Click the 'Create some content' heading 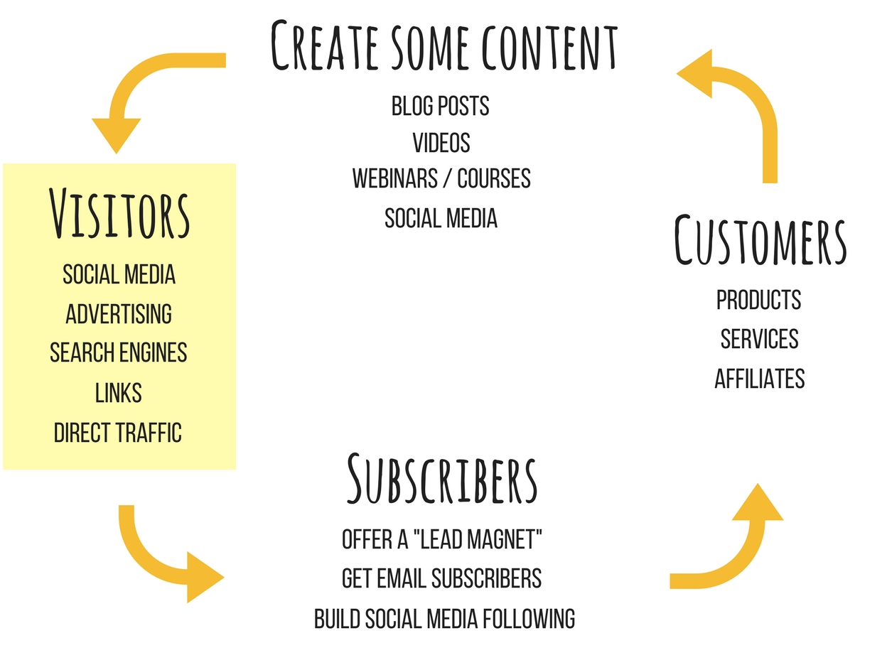(443, 45)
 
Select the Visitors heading (119, 213)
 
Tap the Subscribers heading (442, 479)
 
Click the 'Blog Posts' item (440, 106)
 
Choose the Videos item (441, 142)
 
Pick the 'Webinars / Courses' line (441, 178)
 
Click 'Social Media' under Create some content (441, 218)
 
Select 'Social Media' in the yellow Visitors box (119, 274)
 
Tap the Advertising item (119, 314)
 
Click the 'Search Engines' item (119, 352)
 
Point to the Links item (119, 392)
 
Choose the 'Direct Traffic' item (118, 433)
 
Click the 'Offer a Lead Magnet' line (441, 539)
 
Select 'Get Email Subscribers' (441, 578)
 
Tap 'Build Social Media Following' (444, 619)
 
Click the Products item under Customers (759, 300)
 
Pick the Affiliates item (760, 379)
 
